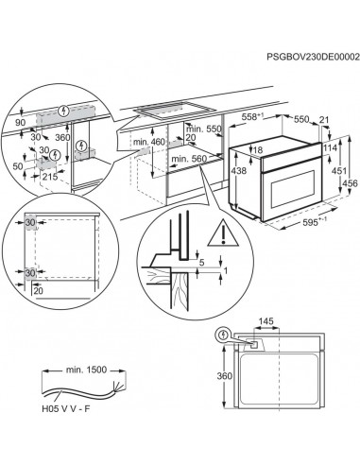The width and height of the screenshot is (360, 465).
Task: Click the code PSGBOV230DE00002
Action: [313, 57]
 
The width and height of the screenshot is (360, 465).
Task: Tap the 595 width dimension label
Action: [314, 222]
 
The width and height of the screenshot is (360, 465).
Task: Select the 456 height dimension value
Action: [351, 183]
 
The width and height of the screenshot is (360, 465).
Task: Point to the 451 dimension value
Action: [339, 171]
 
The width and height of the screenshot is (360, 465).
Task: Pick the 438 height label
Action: [239, 170]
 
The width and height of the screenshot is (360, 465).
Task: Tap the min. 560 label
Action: [189, 159]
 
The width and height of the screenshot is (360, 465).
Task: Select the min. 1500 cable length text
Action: [86, 370]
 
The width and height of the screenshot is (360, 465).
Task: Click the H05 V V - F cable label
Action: [66, 409]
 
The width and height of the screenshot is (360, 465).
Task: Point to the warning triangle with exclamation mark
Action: [223, 233]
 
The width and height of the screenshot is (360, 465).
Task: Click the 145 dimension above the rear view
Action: [266, 321]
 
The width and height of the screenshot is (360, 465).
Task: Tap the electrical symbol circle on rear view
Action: [223, 336]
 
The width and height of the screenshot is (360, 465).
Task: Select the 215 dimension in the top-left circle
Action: [50, 177]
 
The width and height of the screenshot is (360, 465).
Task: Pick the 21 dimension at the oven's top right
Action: [324, 120]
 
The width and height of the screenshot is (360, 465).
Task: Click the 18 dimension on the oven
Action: [258, 150]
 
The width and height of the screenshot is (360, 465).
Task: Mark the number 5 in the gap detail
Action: [202, 262]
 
